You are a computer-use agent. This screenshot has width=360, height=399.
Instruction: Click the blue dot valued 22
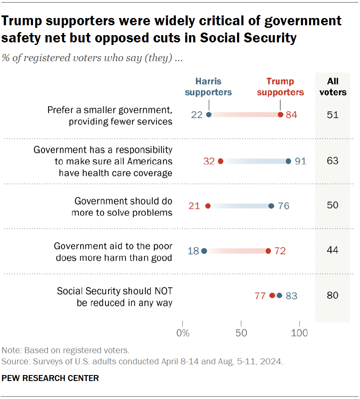tap(209, 115)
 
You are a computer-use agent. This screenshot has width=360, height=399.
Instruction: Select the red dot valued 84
tap(280, 115)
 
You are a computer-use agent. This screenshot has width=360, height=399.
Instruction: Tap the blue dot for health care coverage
tap(288, 161)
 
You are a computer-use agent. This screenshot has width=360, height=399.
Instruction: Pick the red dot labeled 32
tap(221, 161)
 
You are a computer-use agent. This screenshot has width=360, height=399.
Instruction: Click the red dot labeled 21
tap(208, 206)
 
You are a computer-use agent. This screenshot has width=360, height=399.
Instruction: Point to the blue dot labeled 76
tap(271, 206)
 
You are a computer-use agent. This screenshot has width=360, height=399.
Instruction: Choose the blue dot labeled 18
tap(204, 251)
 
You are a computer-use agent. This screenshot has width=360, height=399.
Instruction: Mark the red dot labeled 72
tap(268, 251)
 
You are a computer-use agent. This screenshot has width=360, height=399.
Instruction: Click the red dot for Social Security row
tap(272, 295)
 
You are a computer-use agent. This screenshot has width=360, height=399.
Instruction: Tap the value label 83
tap(291, 295)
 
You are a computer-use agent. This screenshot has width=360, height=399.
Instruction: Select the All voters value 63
tap(333, 161)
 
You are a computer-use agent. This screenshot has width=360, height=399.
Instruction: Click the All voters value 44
tap(333, 250)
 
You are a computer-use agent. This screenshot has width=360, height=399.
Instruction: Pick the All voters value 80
tap(333, 295)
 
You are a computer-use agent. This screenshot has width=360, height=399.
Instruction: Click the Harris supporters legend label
tap(209, 86)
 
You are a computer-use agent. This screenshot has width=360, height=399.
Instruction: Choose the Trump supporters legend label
tap(280, 86)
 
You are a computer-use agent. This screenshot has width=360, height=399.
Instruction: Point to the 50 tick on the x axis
tap(241, 333)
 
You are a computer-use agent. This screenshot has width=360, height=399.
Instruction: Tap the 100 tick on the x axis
tap(300, 333)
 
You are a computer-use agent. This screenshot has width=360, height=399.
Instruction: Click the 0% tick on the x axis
tap(183, 333)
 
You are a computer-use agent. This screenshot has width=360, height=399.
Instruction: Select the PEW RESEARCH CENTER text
tap(51, 378)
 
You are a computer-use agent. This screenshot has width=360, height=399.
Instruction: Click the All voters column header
tap(333, 86)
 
